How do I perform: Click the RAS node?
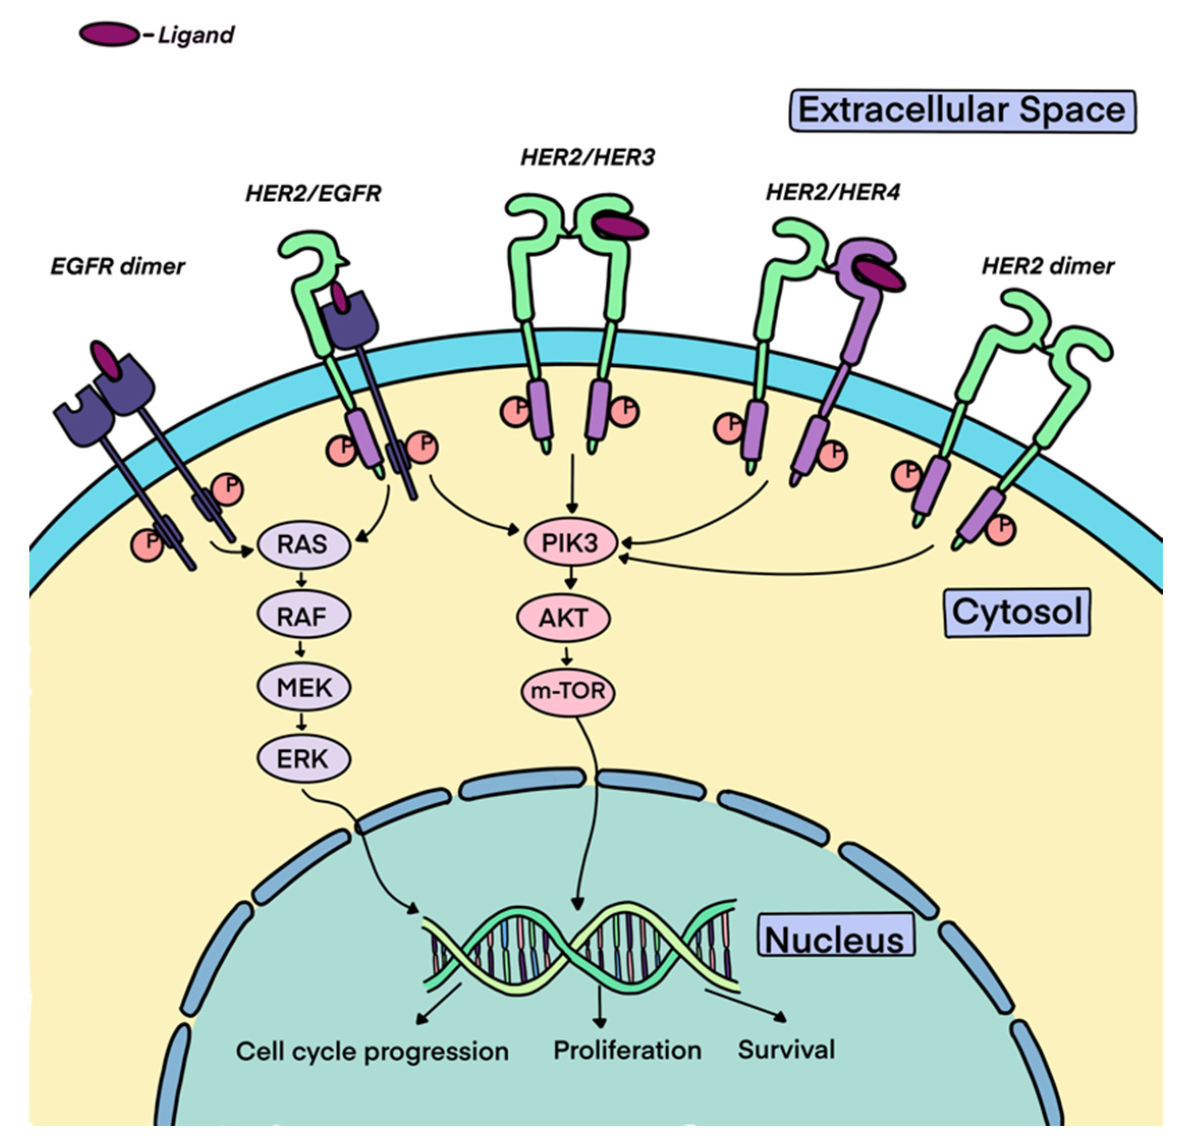pos(304,544)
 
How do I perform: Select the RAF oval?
pos(304,616)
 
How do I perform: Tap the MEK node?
pos(304,688)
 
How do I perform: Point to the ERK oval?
pos(304,759)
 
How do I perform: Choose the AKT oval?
pos(563,617)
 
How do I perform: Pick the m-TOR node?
pos(567,690)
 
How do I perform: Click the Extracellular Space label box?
pos(962,111)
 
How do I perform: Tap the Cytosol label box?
pos(1017,612)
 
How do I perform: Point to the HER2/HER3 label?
pos(587,157)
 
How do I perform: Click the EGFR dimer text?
pos(118,266)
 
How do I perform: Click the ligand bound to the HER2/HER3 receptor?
pos(620,227)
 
